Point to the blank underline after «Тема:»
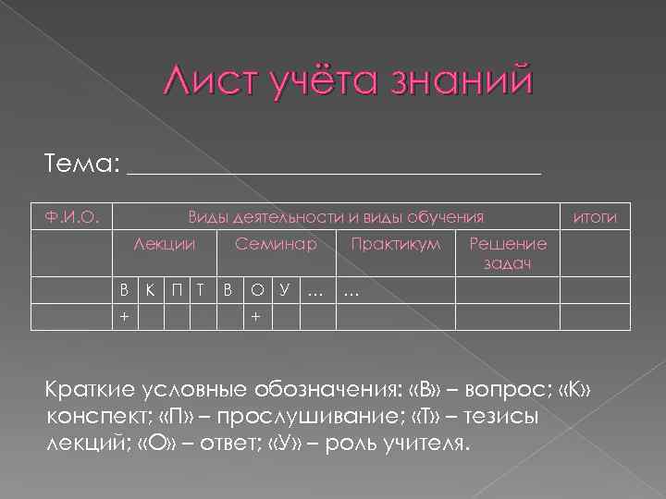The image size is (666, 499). [334, 170]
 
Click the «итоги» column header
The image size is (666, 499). [596, 217]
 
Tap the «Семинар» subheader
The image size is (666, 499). [276, 244]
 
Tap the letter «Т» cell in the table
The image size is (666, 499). [202, 292]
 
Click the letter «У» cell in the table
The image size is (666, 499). [285, 292]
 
